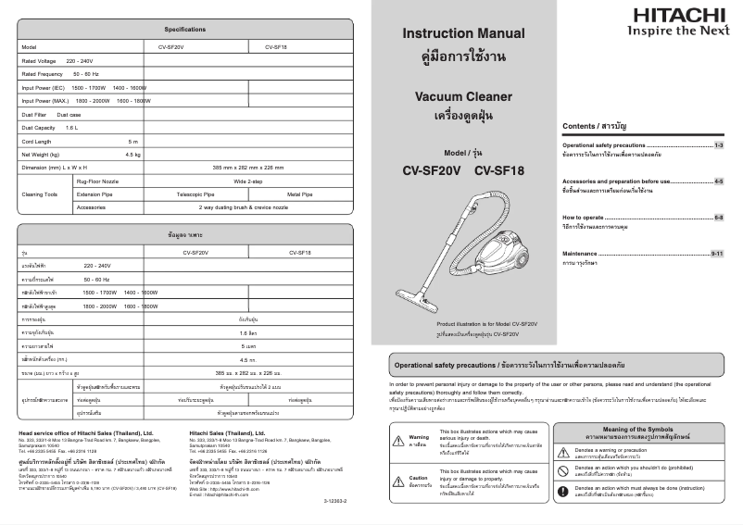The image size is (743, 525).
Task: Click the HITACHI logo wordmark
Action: coord(679,15)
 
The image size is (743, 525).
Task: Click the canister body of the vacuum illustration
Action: coord(506,244)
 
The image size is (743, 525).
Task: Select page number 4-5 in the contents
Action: coord(719,181)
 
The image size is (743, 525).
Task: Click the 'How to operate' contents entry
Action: coord(584,217)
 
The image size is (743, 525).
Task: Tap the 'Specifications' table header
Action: coord(185,29)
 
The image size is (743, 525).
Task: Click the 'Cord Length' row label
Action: coord(37,141)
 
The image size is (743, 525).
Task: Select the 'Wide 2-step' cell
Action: coord(249,182)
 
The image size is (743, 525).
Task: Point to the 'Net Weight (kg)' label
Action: coord(41,154)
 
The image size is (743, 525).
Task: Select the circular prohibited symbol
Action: coord(563,469)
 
